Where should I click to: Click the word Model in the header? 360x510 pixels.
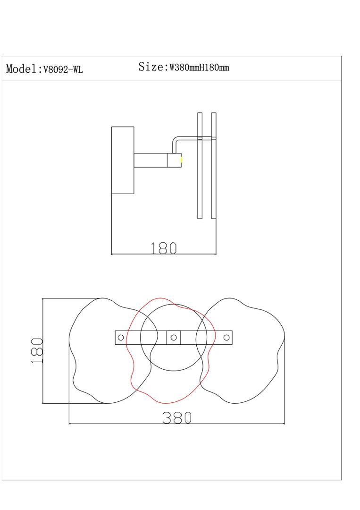[21, 68]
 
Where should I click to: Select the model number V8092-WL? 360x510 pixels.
[63, 69]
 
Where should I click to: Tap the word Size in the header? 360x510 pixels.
[151, 67]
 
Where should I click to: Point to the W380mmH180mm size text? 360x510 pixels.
[199, 68]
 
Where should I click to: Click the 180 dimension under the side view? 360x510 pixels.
[163, 248]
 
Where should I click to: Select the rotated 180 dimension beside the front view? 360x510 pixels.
[37, 350]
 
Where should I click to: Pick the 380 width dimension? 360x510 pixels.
[177, 417]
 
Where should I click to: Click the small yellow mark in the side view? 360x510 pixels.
[181, 160]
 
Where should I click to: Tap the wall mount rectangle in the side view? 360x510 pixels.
[123, 160]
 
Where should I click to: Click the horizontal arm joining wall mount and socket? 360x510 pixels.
[151, 160]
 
